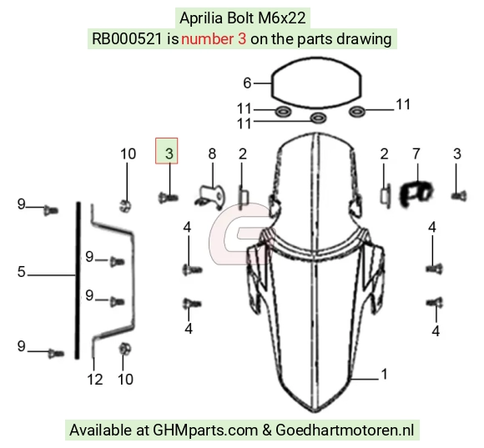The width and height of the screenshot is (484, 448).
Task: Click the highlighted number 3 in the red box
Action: [x=169, y=154]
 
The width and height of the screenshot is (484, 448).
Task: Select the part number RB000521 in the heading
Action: [x=127, y=39]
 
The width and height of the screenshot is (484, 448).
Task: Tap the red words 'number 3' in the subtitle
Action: [x=214, y=39]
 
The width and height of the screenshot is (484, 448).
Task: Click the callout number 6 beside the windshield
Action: [x=247, y=83]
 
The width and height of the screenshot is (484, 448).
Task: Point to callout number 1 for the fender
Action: [x=385, y=374]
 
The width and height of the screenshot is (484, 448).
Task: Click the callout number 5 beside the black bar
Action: [x=22, y=272]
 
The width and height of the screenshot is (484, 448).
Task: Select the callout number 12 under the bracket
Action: [x=95, y=380]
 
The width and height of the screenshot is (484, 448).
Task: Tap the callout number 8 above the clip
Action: [x=212, y=154]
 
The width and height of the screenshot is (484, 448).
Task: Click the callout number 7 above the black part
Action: [x=416, y=154]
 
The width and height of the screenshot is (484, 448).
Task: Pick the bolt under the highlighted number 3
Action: [x=168, y=197]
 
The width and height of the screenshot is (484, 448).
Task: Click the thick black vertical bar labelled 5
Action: [x=77, y=280]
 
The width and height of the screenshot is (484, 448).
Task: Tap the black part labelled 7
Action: [x=416, y=194]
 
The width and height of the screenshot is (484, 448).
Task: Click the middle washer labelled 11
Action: [x=318, y=118]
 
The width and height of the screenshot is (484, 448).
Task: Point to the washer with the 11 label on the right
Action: [x=357, y=111]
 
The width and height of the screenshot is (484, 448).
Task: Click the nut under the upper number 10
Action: [x=125, y=205]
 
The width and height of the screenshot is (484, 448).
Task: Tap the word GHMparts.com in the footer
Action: [x=205, y=430]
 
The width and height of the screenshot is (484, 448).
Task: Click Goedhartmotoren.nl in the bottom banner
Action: [x=345, y=430]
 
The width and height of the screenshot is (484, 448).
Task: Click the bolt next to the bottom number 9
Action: [x=56, y=353]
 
